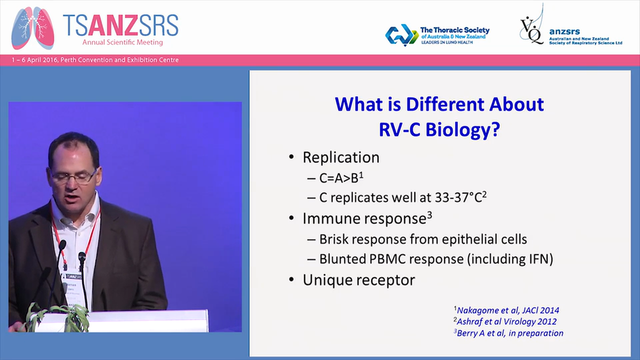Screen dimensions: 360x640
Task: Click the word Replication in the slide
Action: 341,157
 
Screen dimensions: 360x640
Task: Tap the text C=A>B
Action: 338,178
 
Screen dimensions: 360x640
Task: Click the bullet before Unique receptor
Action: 291,279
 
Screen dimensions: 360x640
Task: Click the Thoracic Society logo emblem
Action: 401,35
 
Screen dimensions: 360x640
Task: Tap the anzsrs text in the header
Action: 564,32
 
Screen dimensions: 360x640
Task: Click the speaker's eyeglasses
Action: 74,176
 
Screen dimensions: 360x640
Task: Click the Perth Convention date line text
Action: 95,60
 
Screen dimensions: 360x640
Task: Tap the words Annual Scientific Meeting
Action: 123,42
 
